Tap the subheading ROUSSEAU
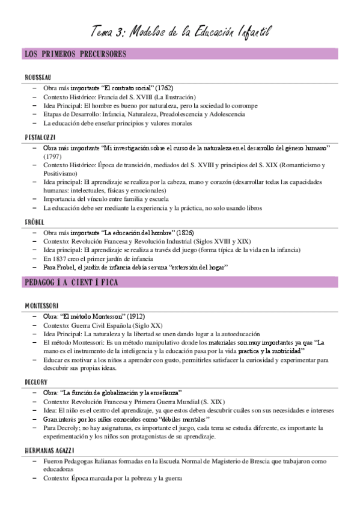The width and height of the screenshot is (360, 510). (x=38, y=78)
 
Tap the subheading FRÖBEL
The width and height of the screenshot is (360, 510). (x=34, y=223)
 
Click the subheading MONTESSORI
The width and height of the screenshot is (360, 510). (x=41, y=306)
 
